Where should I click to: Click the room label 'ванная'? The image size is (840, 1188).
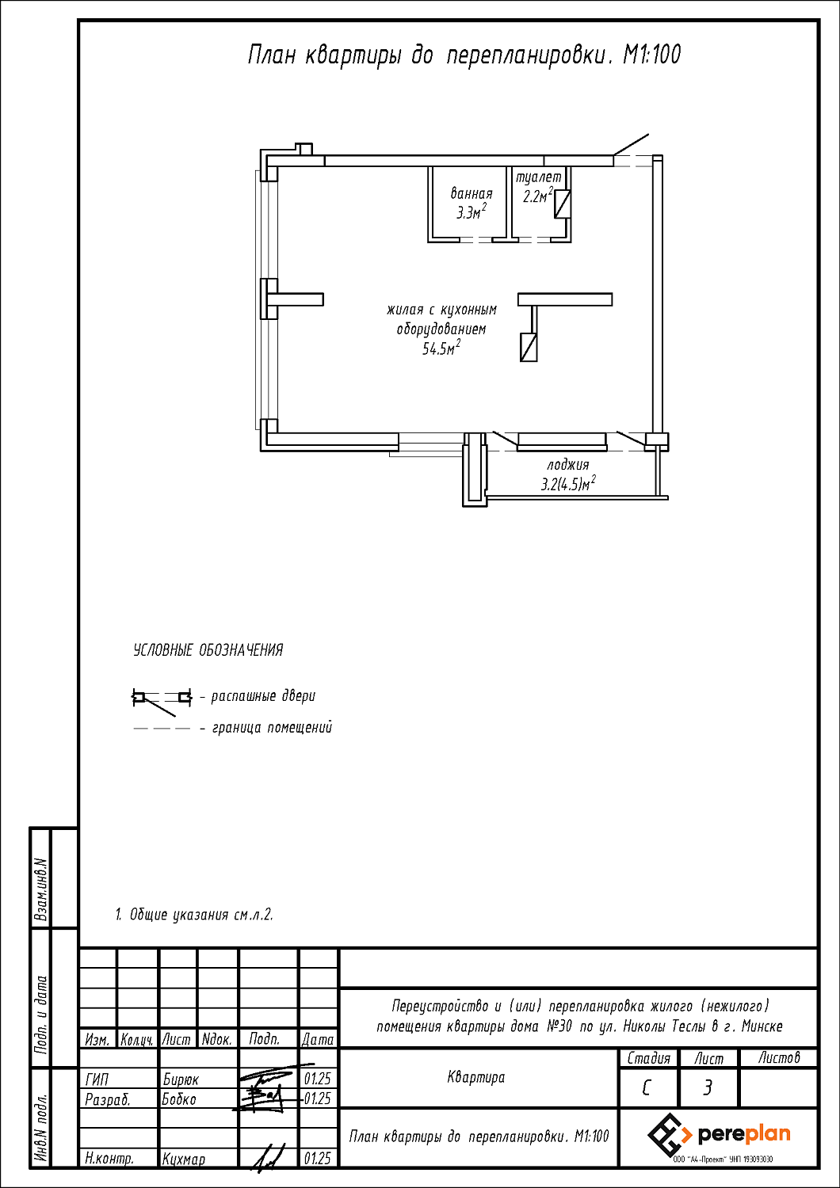(x=472, y=193)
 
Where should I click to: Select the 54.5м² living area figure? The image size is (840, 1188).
(x=441, y=348)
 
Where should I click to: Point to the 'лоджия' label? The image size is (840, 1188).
(x=567, y=465)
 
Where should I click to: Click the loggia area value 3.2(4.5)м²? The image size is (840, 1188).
(x=567, y=483)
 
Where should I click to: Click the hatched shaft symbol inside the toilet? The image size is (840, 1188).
(x=563, y=204)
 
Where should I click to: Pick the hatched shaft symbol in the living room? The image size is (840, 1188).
(x=529, y=348)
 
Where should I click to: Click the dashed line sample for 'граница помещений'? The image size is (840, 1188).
(x=162, y=729)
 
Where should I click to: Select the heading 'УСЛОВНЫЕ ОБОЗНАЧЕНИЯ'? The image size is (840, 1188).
(x=208, y=650)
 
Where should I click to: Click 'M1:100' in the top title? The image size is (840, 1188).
(x=651, y=55)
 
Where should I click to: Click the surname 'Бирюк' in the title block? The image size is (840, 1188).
(x=181, y=1079)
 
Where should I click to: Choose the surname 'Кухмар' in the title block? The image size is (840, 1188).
(x=184, y=1159)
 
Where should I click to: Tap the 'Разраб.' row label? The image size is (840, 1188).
(x=107, y=1100)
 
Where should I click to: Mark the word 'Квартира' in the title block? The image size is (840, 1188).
(x=476, y=1077)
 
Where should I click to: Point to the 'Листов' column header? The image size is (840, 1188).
(x=778, y=1058)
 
